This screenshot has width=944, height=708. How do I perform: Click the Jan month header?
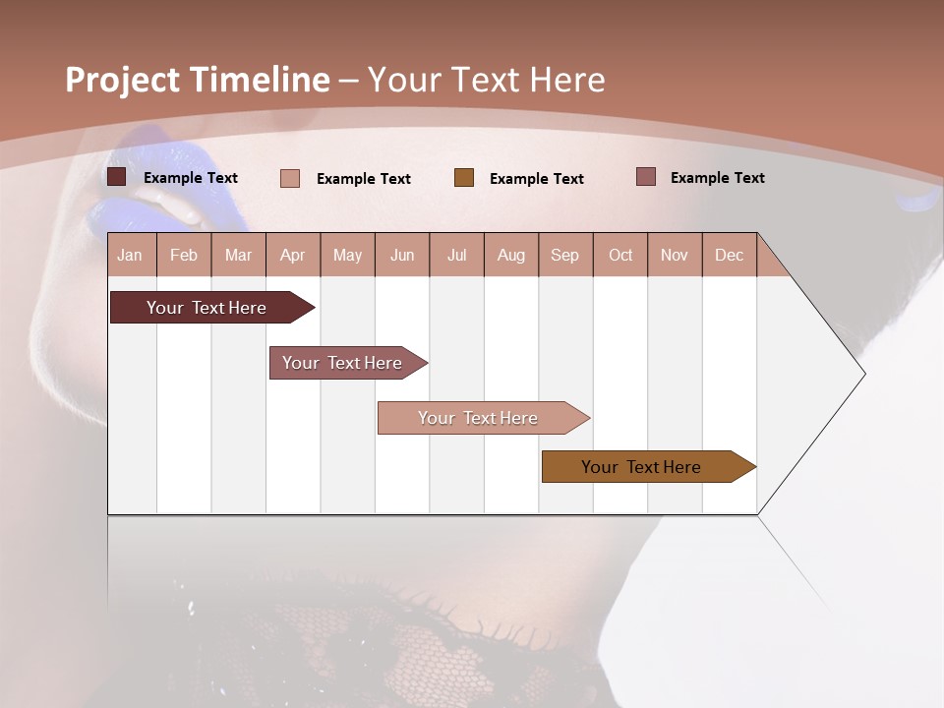click(130, 255)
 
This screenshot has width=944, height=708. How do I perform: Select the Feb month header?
click(184, 255)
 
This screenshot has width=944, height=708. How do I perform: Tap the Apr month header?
click(293, 255)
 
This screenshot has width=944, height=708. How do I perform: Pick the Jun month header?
click(402, 255)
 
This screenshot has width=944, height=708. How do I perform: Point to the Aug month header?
click(511, 255)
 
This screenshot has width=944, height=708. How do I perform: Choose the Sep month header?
click(565, 255)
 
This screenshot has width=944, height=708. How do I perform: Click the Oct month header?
click(620, 255)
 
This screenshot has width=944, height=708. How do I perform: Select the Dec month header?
click(730, 255)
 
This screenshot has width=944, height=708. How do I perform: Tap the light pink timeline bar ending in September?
click(479, 418)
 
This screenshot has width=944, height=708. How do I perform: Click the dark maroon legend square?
click(117, 177)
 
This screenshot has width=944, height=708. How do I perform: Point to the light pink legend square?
click(290, 178)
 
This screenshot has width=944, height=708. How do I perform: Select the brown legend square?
click(464, 178)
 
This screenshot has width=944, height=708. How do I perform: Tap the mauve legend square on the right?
click(646, 177)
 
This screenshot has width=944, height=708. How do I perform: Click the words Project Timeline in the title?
click(197, 80)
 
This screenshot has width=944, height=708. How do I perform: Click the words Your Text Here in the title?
click(486, 80)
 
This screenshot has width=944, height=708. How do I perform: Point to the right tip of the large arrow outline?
click(863, 374)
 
